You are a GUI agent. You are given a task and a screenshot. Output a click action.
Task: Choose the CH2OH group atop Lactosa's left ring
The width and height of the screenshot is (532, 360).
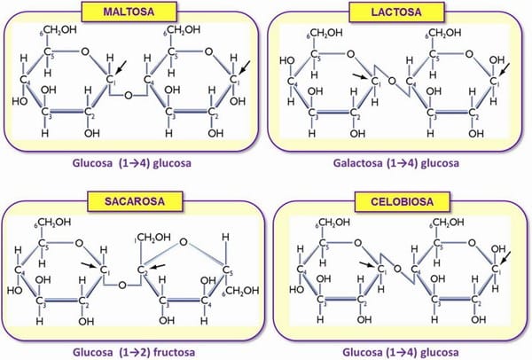pos(324,35)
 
